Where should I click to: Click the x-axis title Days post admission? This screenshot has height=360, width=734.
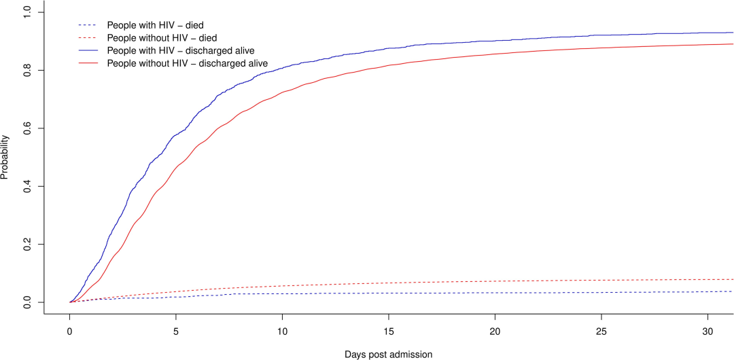(x=389, y=354)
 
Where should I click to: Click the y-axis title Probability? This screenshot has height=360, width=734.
(x=5, y=157)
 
